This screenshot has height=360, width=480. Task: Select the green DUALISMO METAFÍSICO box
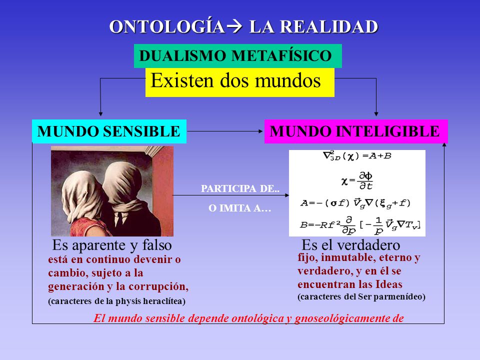pyautogui.click(x=237, y=56)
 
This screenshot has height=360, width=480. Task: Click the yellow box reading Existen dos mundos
pyautogui.click(x=239, y=82)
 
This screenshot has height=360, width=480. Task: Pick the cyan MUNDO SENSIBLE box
pyautogui.click(x=109, y=131)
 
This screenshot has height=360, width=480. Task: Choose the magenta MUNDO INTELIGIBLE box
pyautogui.click(x=355, y=131)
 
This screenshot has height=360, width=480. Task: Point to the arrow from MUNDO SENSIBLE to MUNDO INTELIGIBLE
pyautogui.click(x=225, y=131)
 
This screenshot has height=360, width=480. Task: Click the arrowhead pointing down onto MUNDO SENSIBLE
pyautogui.click(x=100, y=114)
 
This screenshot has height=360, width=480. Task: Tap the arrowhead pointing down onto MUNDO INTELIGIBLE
pyautogui.click(x=376, y=114)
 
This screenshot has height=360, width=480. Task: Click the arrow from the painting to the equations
pyautogui.click(x=230, y=194)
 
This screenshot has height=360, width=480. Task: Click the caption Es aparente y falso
pyautogui.click(x=112, y=245)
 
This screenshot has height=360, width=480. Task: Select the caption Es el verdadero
pyautogui.click(x=351, y=245)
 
